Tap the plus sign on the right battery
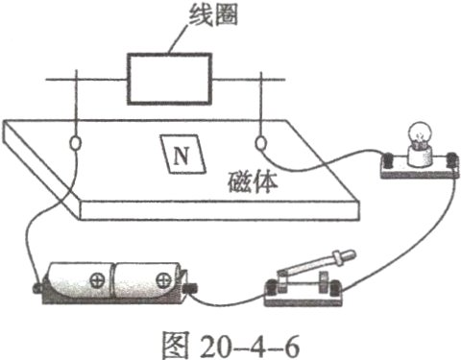[x=165, y=280]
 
